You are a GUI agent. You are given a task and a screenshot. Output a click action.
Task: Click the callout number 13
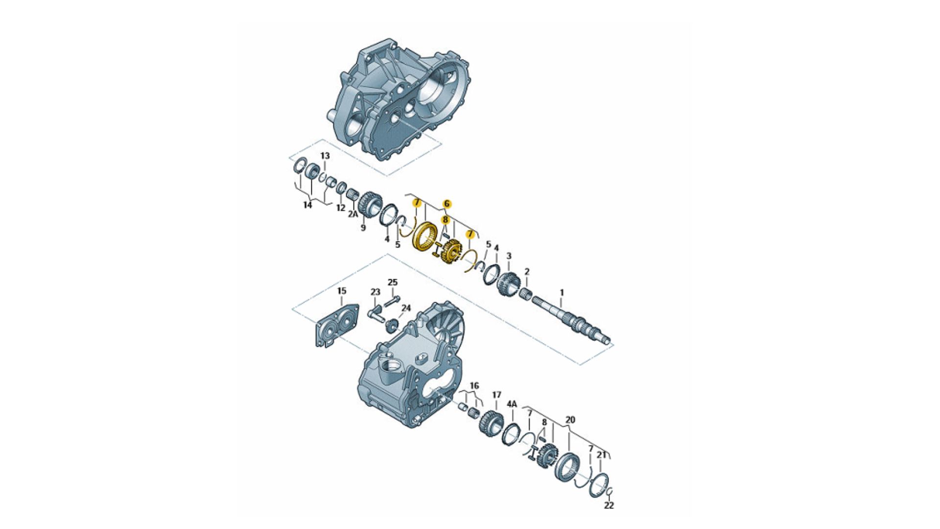pos(325,156)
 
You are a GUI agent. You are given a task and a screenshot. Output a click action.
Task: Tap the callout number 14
pos(307,205)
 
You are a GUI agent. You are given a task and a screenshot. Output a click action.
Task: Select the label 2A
pos(353,214)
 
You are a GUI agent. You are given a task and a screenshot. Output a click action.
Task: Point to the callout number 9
pos(363,228)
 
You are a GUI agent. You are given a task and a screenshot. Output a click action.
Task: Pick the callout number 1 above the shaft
pos(562,292)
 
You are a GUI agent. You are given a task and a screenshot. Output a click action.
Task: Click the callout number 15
pos(342,291)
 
